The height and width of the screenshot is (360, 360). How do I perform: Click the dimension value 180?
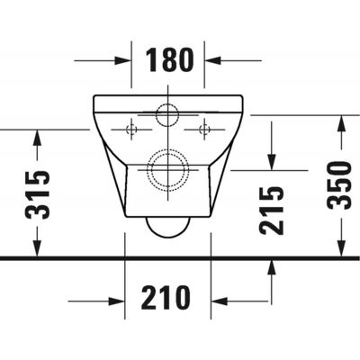169,59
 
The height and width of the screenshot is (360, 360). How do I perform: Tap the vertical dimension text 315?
37,193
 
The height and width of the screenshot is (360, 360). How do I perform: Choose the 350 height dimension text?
338,185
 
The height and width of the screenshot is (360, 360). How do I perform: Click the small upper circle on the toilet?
166,115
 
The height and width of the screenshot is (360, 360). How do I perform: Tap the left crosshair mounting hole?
131,130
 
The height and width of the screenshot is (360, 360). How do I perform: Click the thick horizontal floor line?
180,258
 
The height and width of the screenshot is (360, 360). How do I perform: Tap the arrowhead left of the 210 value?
118,298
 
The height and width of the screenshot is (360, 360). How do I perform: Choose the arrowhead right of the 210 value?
217,298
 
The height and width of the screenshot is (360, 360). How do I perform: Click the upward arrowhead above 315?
37,138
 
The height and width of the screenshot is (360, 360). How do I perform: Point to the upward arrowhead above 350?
338,122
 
